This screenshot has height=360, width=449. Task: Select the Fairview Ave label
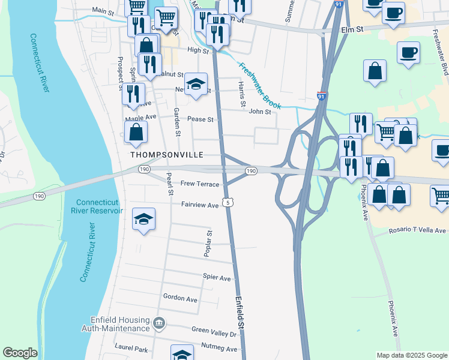click(200, 205)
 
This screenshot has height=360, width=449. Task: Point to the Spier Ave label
click(217, 278)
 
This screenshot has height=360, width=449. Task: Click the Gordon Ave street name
click(180, 299)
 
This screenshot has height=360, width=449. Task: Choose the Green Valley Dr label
click(214, 330)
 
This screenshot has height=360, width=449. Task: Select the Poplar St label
click(207, 244)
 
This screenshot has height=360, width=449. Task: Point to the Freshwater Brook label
click(259, 86)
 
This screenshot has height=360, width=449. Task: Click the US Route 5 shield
click(228, 203)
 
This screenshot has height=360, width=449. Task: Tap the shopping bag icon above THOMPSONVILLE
click(136, 132)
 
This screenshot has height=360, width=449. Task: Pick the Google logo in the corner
click(20, 353)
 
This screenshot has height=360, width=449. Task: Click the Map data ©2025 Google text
click(412, 355)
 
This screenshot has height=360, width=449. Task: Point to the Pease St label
click(200, 119)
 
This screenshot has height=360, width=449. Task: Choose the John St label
click(260, 111)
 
